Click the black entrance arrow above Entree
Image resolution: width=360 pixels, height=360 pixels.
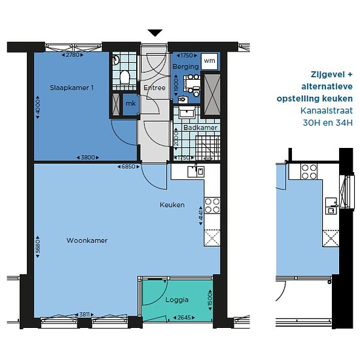(155, 33)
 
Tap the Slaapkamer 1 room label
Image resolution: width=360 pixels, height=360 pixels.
(71, 88)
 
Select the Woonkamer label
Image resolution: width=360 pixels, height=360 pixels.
(87, 240)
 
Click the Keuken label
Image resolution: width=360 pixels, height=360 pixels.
(172, 205)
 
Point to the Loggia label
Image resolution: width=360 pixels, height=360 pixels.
(177, 300)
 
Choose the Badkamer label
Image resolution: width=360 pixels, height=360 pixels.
(200, 128)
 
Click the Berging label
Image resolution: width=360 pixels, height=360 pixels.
(185, 67)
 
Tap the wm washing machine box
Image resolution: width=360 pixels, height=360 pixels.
(209, 61)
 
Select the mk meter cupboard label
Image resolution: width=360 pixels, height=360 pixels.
(131, 103)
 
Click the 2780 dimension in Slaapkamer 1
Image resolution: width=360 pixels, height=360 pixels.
(73, 55)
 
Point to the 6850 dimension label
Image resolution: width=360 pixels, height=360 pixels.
(128, 167)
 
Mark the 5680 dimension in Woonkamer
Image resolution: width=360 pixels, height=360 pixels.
(38, 246)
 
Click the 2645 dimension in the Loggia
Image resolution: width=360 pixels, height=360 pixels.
(184, 317)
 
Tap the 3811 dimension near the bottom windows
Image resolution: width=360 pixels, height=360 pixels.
(84, 314)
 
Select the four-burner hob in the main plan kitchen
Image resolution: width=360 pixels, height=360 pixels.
(212, 206)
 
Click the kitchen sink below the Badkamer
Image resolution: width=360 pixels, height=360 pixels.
(196, 171)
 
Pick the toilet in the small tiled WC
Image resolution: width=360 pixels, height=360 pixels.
(125, 77)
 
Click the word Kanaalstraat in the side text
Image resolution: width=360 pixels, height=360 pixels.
(327, 111)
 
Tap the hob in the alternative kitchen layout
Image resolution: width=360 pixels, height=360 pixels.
(309, 171)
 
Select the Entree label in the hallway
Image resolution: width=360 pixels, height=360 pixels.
(154, 88)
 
